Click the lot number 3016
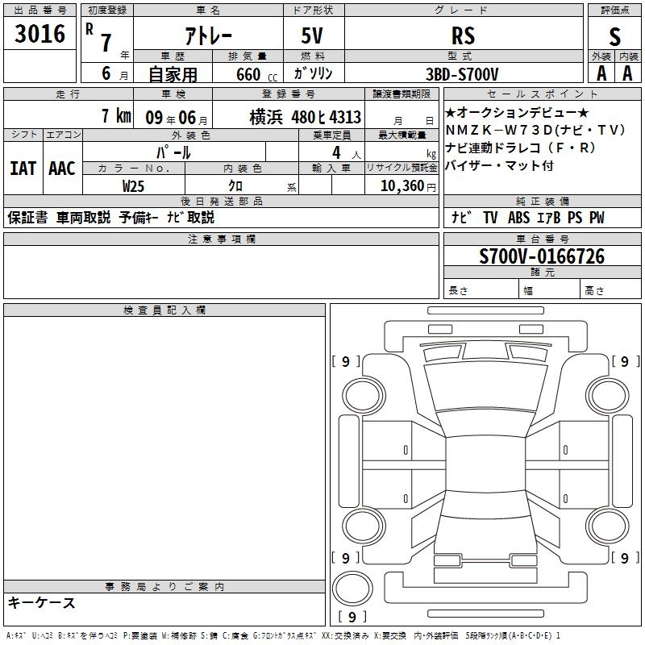(40, 33)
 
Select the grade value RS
(463, 35)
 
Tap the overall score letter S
(614, 36)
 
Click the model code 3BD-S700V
(462, 74)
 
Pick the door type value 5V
(312, 35)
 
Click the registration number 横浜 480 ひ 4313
(306, 118)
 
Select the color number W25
(133, 186)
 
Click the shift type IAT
(23, 169)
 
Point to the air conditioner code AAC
(62, 169)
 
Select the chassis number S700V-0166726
(542, 256)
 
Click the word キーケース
(41, 602)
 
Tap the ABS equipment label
(518, 218)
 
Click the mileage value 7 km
(116, 115)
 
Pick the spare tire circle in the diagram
(352, 589)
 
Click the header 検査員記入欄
(164, 310)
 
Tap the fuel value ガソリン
(313, 73)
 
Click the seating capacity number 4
(336, 152)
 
